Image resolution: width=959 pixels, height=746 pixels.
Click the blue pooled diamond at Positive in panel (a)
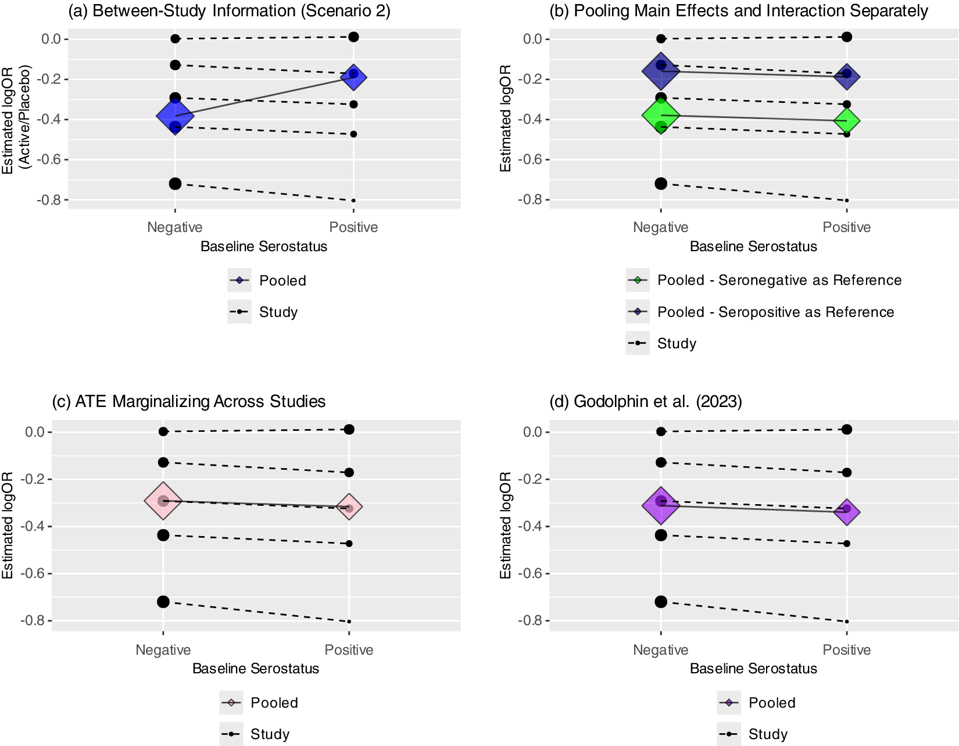click(353, 77)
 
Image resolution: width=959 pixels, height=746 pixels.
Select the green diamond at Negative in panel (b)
click(661, 115)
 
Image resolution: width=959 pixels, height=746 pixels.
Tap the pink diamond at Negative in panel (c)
click(163, 501)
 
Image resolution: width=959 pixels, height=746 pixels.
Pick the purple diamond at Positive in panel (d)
click(847, 512)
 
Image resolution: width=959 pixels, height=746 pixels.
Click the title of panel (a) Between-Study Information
click(229, 11)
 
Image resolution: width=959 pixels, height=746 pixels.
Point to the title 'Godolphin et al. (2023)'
click(646, 402)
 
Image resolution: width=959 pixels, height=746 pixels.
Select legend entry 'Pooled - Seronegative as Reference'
click(779, 280)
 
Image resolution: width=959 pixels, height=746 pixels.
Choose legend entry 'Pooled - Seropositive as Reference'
click(775, 312)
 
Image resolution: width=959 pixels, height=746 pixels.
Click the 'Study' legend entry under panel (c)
click(270, 734)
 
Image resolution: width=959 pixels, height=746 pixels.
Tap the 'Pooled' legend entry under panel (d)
click(771, 703)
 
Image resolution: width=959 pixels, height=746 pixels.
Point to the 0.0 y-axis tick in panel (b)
click(532, 39)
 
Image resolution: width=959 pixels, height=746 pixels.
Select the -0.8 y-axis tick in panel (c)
click(33, 621)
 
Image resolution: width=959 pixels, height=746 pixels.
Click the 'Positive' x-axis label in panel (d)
click(847, 650)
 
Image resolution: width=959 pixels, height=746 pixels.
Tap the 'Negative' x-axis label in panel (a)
click(175, 227)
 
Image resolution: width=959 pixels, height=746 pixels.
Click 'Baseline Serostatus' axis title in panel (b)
click(753, 247)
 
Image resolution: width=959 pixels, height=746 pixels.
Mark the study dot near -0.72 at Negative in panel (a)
click(175, 184)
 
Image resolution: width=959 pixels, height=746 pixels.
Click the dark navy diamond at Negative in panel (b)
click(661, 70)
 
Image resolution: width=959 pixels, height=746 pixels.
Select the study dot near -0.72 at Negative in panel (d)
click(661, 602)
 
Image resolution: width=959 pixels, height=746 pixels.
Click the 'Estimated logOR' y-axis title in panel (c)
click(8, 525)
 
